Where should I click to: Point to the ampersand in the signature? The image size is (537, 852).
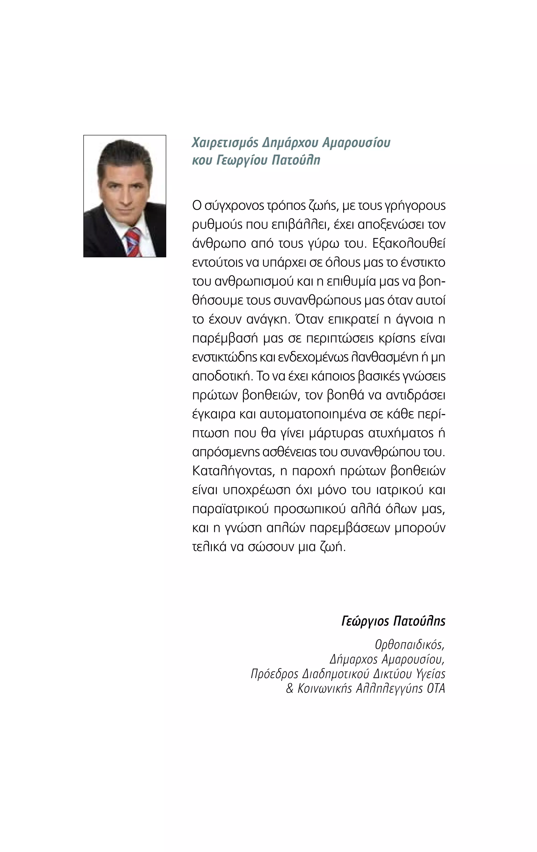point(290,688)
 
